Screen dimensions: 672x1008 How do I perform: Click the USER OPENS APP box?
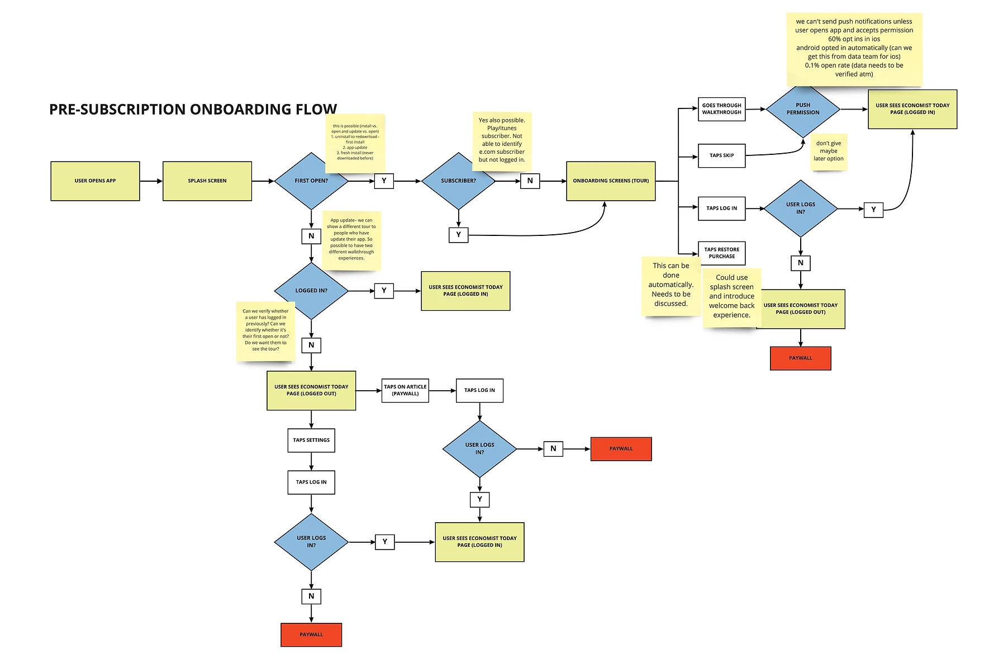(95, 181)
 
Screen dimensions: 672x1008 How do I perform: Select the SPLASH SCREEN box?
(207, 181)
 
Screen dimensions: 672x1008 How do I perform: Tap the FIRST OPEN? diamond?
(311, 181)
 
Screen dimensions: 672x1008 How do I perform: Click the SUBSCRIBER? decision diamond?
(458, 181)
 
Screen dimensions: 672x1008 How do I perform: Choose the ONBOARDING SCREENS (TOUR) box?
(610, 181)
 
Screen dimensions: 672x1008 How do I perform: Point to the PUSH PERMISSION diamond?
(802, 109)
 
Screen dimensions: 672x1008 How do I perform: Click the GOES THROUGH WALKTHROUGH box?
(721, 109)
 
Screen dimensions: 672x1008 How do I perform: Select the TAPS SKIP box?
(721, 156)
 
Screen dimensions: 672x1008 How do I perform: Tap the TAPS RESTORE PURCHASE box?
(721, 253)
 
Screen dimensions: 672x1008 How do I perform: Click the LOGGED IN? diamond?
(311, 291)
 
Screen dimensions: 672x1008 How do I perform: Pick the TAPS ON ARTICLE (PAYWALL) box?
(405, 390)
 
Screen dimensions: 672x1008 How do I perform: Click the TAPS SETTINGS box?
(311, 441)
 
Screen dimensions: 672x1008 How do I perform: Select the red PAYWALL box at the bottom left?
(311, 635)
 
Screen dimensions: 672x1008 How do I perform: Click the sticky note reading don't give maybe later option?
(829, 152)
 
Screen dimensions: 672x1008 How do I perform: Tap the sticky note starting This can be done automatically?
(671, 285)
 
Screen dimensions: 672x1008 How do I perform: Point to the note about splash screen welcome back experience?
(731, 297)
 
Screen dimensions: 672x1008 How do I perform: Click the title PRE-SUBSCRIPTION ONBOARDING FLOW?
(193, 109)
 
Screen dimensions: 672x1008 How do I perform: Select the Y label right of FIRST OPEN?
(384, 181)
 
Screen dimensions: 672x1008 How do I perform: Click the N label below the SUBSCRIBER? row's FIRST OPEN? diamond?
(311, 236)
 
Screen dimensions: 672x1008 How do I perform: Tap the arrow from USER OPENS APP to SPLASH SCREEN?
(151, 181)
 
